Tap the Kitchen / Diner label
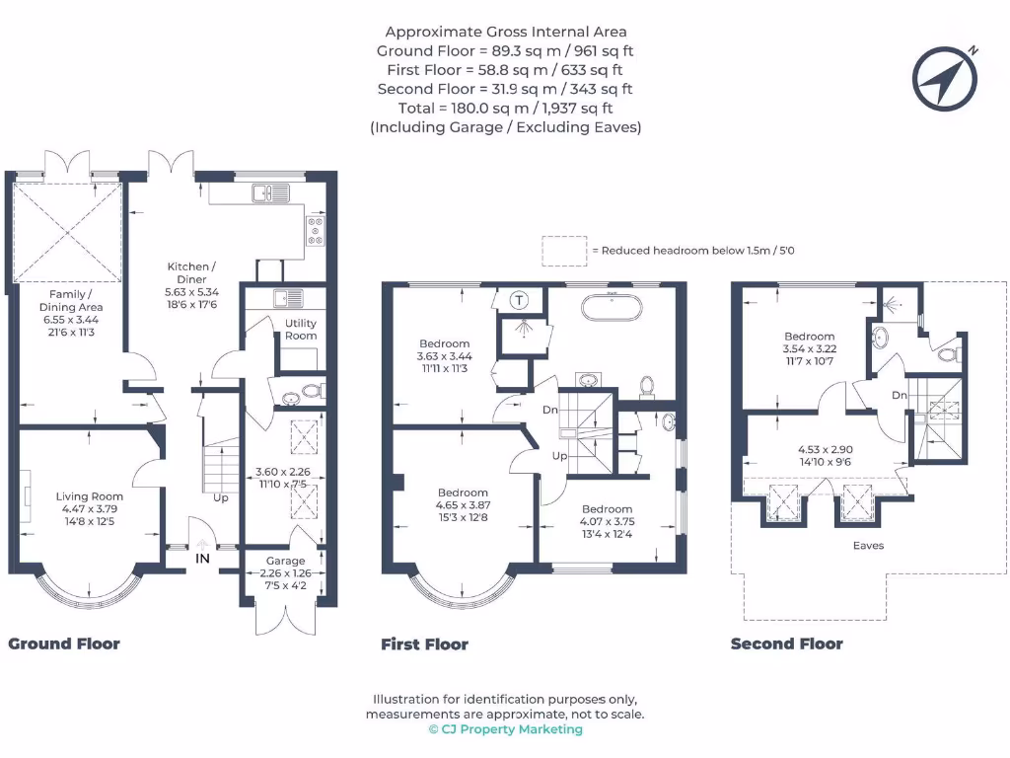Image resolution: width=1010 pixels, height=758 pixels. (189, 273)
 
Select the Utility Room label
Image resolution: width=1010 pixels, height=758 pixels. (301, 330)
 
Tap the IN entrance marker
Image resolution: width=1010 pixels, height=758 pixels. (202, 559)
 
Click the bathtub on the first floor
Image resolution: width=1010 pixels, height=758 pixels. (613, 307)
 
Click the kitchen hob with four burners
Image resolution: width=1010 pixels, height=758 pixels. (317, 230)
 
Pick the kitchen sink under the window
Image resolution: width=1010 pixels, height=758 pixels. (269, 192)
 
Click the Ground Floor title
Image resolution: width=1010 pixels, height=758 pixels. (64, 644)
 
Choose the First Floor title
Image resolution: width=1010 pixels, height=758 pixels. (424, 644)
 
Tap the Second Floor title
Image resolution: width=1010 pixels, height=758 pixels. (786, 644)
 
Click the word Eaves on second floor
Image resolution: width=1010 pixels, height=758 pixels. (869, 545)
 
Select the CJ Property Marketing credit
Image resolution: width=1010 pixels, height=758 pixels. (505, 729)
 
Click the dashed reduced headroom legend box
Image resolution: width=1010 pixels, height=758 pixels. (564, 251)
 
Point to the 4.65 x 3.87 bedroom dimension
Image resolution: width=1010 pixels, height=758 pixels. (463, 504)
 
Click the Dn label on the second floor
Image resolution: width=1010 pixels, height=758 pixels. (899, 395)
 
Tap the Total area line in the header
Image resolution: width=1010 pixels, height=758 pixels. (505, 108)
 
